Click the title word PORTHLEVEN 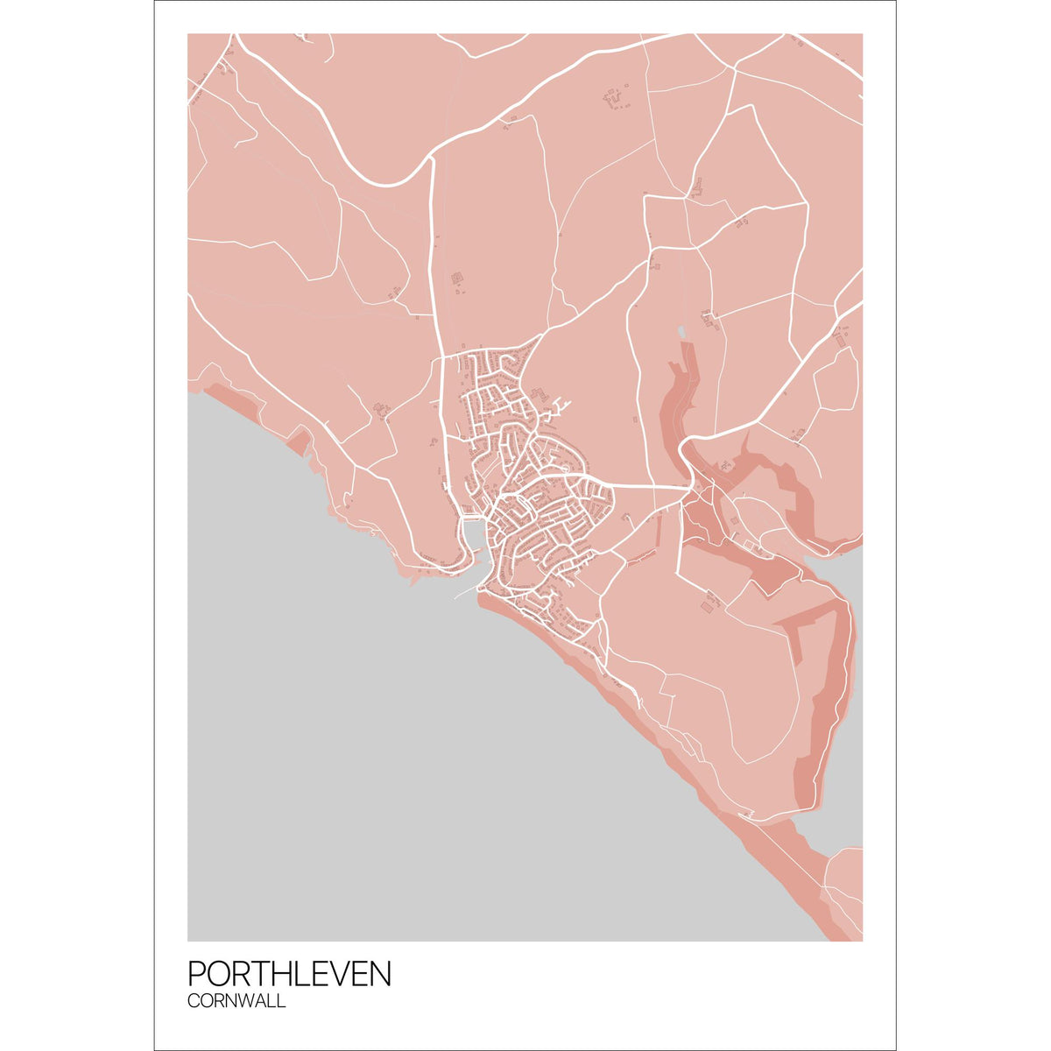pyautogui.click(x=289, y=974)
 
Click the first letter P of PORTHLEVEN pyautogui.click(x=197, y=974)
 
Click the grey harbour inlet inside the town pyautogui.click(x=471, y=533)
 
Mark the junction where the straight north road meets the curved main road pyautogui.click(x=432, y=161)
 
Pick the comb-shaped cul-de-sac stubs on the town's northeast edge pyautogui.click(x=561, y=406)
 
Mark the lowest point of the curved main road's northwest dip pyautogui.click(x=385, y=185)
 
